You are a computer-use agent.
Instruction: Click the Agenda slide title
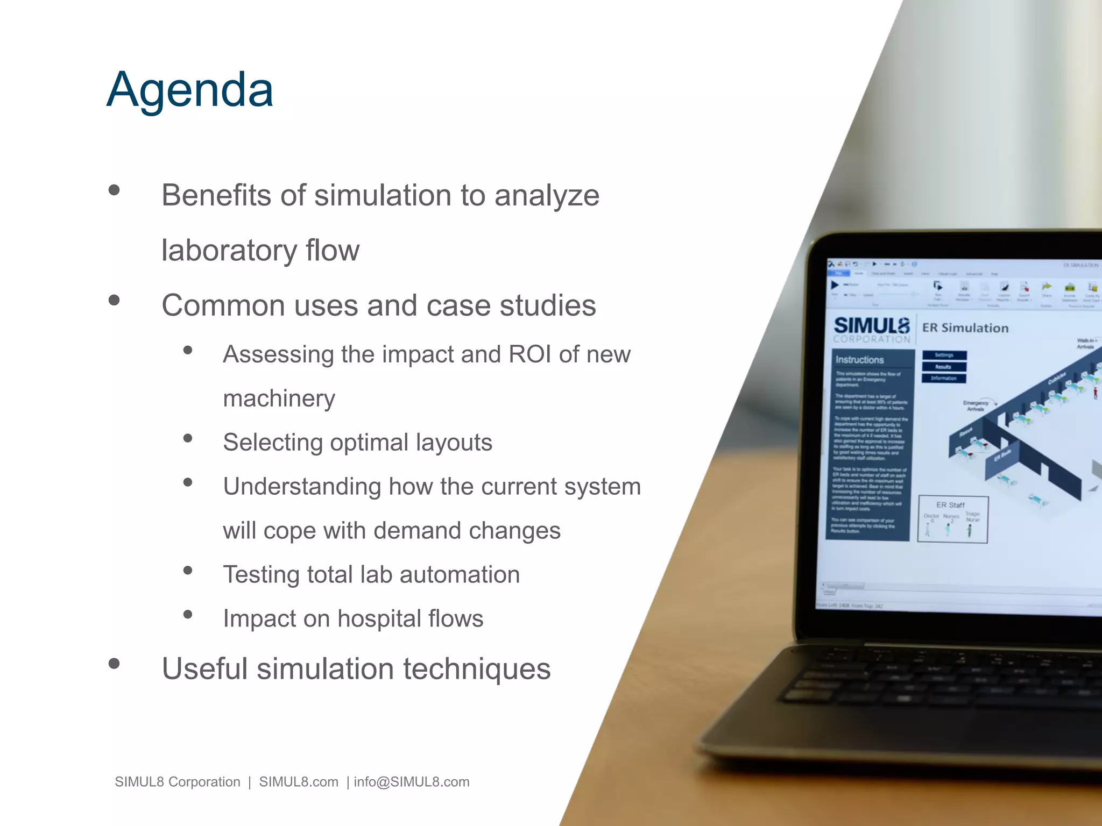coord(190,90)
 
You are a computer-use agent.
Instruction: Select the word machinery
coord(279,399)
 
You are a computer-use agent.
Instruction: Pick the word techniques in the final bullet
coord(477,669)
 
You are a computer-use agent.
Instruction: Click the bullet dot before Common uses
coord(114,300)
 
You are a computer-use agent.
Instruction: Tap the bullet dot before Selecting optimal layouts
coord(188,438)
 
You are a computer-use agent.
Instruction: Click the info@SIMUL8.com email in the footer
coord(412,782)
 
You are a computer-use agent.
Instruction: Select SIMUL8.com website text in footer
coord(299,782)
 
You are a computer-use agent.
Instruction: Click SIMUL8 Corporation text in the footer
coord(178,782)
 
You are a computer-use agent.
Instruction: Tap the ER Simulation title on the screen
coord(965,328)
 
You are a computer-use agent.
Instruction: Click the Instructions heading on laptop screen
coord(859,360)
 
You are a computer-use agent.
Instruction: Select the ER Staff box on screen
coord(952,519)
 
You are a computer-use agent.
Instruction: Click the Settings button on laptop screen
coord(944,355)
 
